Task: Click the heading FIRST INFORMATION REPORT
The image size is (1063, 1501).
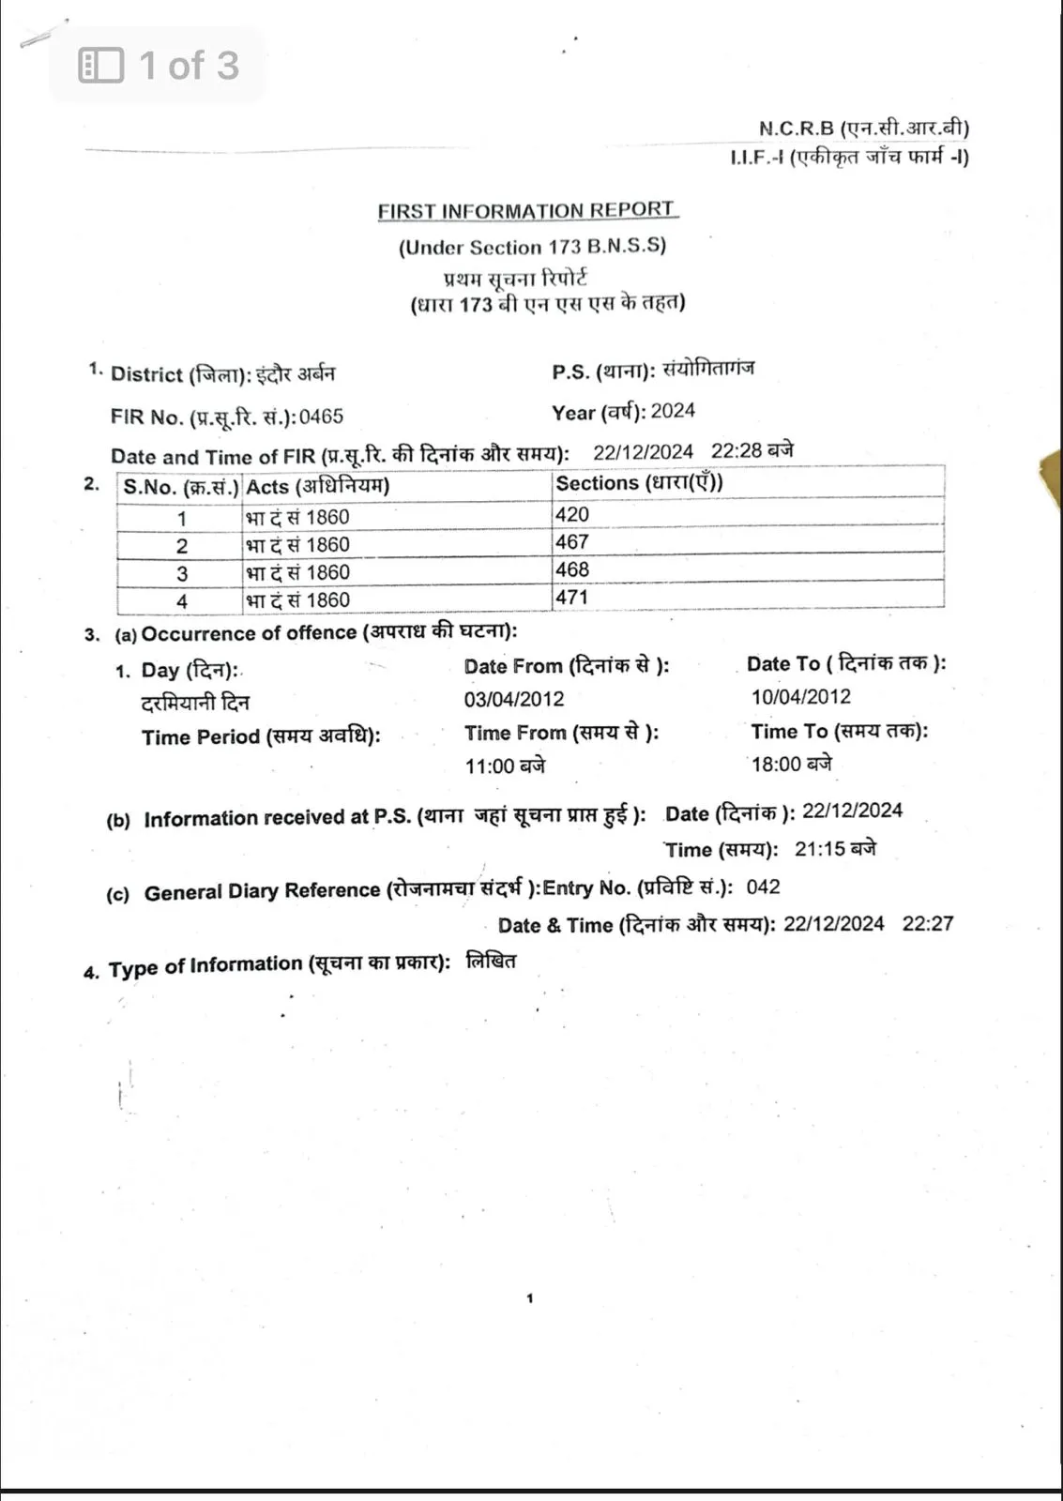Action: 526,211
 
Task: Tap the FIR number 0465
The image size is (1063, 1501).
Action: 321,417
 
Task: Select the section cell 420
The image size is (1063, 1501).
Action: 571,514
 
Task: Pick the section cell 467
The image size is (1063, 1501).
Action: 571,542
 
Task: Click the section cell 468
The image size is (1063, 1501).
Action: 571,569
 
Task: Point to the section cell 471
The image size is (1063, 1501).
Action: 571,597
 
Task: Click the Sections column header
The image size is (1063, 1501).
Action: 639,483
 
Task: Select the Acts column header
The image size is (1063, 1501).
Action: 317,486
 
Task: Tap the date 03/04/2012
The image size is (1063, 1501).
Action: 514,699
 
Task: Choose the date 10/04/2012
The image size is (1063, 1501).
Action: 801,697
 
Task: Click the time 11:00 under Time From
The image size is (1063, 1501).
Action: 491,766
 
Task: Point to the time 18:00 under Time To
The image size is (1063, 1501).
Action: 777,765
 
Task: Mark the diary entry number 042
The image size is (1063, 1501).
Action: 763,887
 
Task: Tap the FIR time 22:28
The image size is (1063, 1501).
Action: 737,451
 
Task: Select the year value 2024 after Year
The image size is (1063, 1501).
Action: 673,411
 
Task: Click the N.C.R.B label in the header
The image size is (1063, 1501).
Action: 797,129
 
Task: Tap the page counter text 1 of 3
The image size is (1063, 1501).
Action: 190,66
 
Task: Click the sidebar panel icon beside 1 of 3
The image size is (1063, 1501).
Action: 101,66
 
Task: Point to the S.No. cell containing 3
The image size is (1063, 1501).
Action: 181,573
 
